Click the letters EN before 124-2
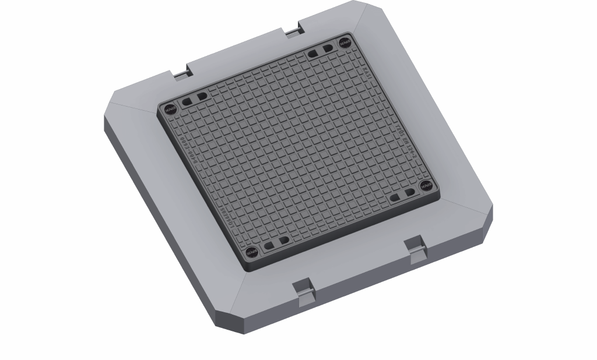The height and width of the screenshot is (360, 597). [x=408, y=147]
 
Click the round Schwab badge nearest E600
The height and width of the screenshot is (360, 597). [x=170, y=108]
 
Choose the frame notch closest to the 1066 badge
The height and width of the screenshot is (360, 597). [x=304, y=291]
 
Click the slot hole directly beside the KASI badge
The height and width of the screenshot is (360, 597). [x=328, y=48]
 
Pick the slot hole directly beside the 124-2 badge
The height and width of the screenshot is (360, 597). [x=410, y=192]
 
